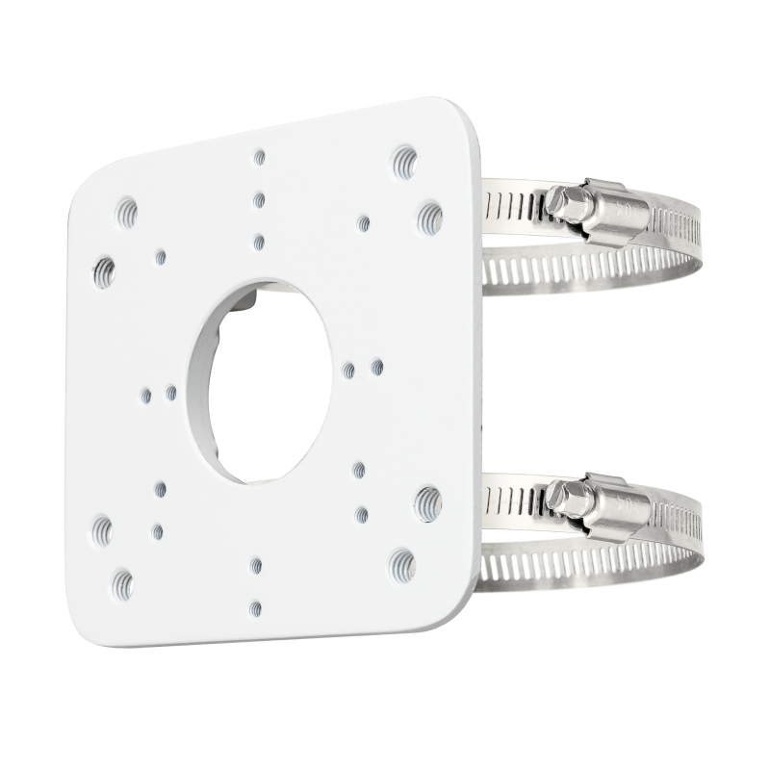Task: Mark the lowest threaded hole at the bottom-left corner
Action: [x=121, y=580]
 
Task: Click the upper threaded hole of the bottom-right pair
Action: [x=428, y=499]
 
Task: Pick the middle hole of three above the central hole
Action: [x=260, y=198]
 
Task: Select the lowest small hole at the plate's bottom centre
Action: [x=256, y=606]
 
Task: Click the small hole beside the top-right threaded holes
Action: [x=363, y=223]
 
